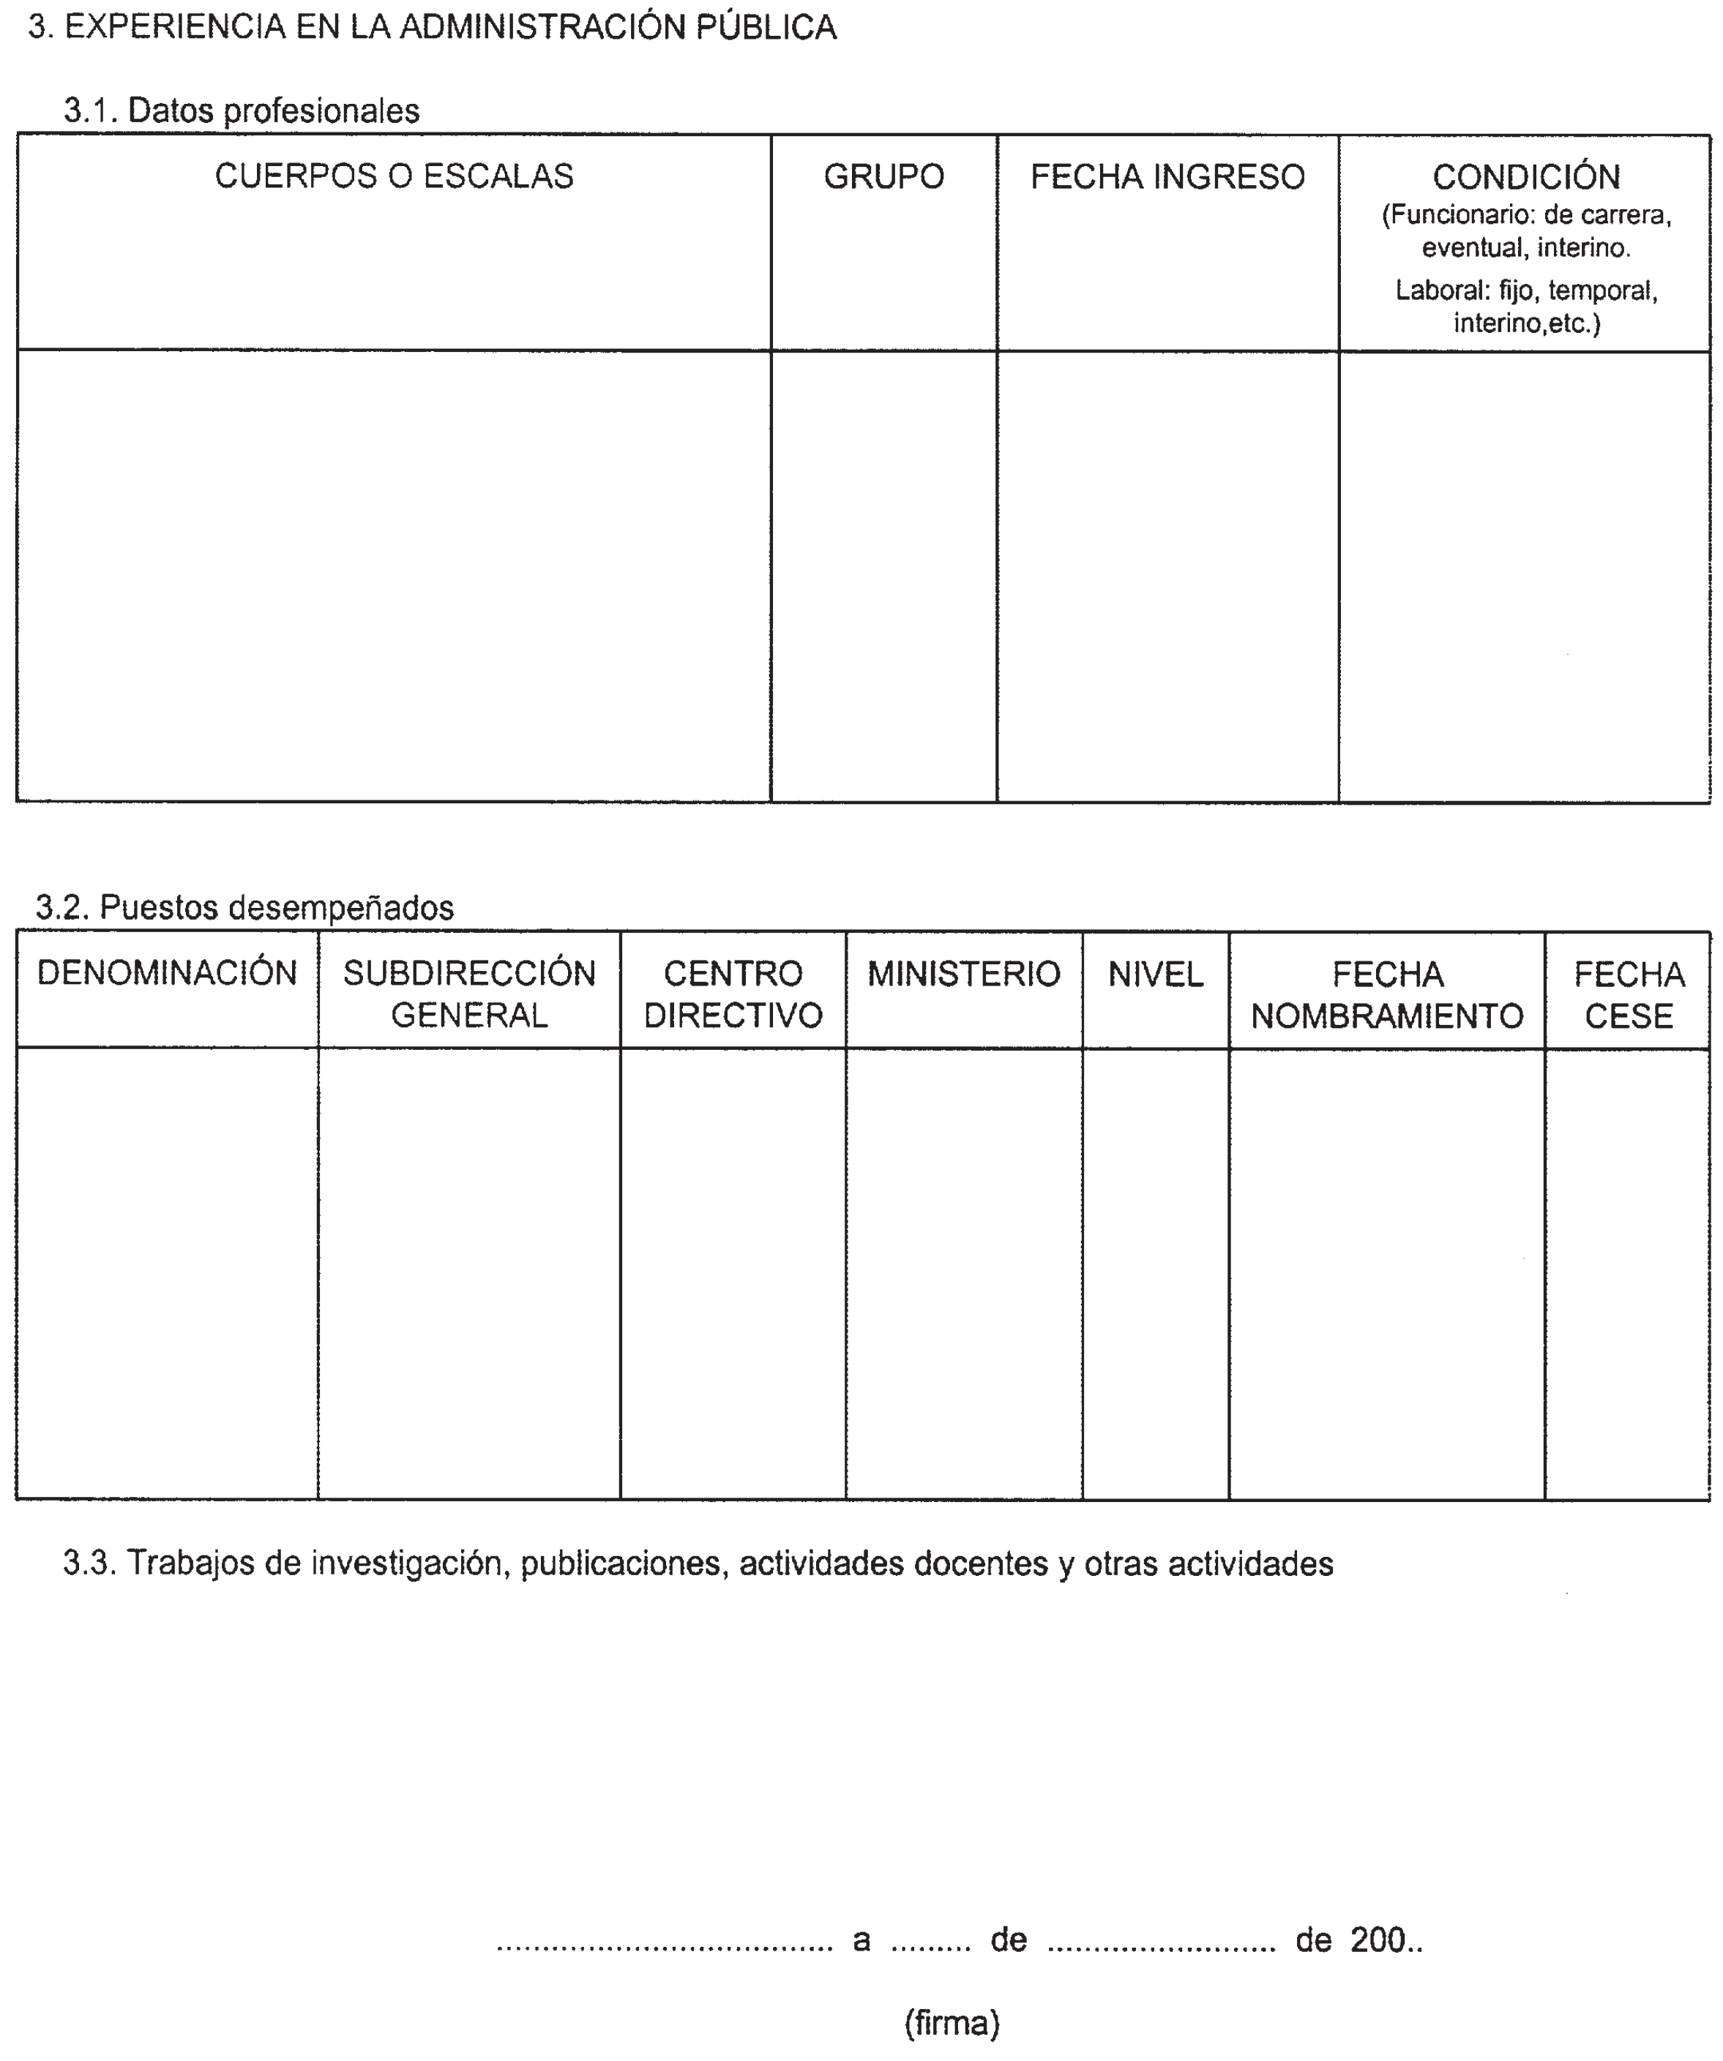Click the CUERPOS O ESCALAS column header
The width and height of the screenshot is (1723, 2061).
coord(394,176)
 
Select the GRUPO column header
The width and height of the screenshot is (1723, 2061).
coord(883,176)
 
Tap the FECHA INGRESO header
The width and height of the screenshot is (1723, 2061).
coord(1167,176)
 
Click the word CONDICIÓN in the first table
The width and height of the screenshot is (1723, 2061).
coord(1525,178)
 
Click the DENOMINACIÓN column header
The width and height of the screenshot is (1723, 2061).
coord(167,974)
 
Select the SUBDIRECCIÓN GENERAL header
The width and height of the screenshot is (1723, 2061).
coord(469,994)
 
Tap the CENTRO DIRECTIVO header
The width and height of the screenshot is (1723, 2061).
coord(733,994)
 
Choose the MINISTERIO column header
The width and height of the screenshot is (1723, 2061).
coord(963,975)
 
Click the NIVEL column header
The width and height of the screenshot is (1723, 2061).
coord(1156,975)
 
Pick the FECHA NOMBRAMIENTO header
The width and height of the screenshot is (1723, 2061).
coord(1386,994)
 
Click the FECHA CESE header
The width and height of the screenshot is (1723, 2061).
coord(1629,994)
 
